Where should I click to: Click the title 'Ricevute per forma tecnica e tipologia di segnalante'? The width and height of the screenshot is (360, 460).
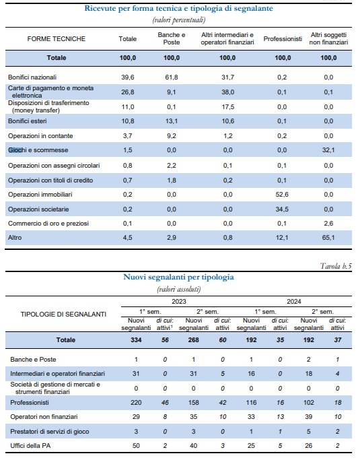click(178, 8)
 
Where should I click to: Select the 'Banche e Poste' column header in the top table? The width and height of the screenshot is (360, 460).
click(172, 38)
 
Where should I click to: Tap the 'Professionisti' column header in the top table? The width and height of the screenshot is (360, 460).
click(283, 38)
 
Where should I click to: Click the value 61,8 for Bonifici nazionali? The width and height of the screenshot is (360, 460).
click(172, 77)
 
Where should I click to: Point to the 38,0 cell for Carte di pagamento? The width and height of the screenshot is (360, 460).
click(228, 92)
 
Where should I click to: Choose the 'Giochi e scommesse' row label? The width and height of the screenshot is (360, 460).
click(38, 150)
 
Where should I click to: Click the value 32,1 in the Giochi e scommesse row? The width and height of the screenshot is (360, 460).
click(328, 150)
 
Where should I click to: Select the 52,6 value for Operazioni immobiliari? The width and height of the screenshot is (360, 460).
click(282, 195)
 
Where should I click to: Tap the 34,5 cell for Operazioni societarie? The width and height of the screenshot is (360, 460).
click(282, 209)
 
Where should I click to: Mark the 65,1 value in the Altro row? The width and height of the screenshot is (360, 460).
click(328, 238)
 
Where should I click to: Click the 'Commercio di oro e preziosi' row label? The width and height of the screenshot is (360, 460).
click(48, 224)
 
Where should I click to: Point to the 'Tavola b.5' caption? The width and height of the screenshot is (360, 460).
click(336, 266)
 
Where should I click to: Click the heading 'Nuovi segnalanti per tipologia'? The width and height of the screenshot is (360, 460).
click(178, 277)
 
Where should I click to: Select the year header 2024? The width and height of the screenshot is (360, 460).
click(294, 302)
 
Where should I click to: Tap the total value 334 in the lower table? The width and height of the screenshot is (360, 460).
click(136, 340)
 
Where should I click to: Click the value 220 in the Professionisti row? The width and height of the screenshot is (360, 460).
click(136, 403)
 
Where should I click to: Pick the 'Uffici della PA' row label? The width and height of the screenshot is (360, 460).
click(30, 446)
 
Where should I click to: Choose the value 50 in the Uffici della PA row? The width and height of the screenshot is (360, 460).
click(136, 446)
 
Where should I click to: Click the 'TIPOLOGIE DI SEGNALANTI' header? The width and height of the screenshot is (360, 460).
click(63, 315)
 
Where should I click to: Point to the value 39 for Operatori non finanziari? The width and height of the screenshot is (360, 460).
click(308, 417)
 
